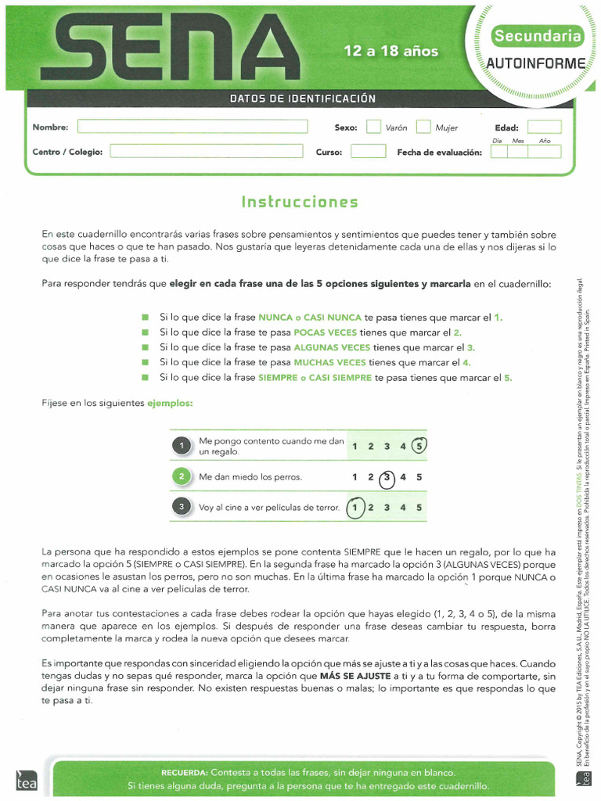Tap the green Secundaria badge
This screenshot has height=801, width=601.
[x=537, y=36]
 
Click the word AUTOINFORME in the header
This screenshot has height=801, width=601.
[x=536, y=63]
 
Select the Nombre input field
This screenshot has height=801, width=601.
[x=192, y=127]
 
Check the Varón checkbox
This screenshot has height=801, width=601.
[x=373, y=127]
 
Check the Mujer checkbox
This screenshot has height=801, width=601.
[x=423, y=127]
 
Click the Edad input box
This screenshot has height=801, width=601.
[x=544, y=127]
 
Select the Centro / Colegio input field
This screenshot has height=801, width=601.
[x=206, y=151]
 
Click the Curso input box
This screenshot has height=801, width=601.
[x=368, y=151]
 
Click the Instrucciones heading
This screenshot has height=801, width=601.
[x=300, y=202]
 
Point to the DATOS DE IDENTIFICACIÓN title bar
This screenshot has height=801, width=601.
[x=303, y=99]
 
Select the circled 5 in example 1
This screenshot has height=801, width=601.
[x=419, y=446]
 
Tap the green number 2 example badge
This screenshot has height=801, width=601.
[x=181, y=476]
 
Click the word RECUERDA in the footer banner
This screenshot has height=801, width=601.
[x=184, y=772]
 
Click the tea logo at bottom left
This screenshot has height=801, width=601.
[x=21, y=779]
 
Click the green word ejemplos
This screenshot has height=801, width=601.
[x=170, y=403]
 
